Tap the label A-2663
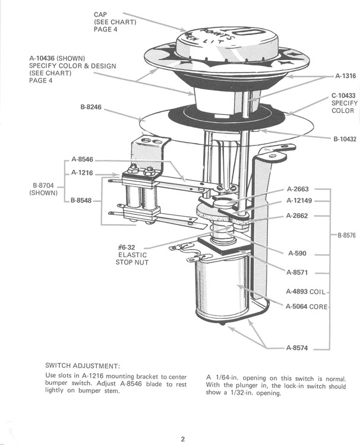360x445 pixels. pyautogui.click(x=298, y=188)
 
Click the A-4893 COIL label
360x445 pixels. pyautogui.click(x=307, y=292)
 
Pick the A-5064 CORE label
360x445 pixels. pyautogui.click(x=307, y=307)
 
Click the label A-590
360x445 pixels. pyautogui.click(x=297, y=253)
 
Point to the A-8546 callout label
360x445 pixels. pyautogui.click(x=82, y=159)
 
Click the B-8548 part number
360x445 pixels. pyautogui.click(x=81, y=201)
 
